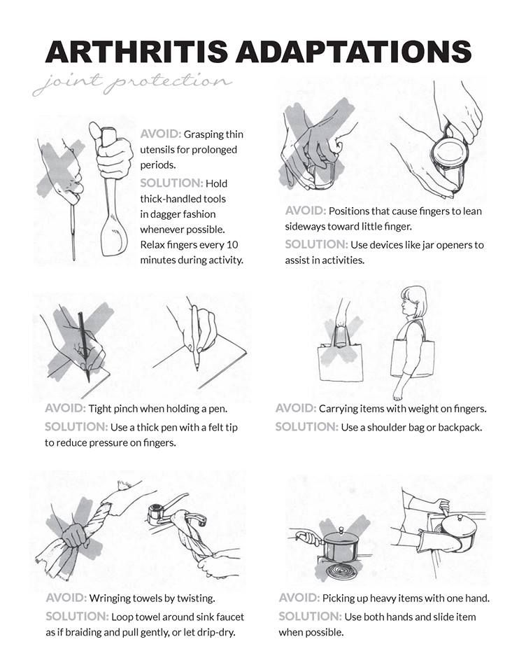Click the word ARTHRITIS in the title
tap(136, 52)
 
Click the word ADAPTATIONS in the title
tap(354, 52)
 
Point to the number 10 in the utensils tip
tap(232, 245)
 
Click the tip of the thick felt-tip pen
tap(197, 368)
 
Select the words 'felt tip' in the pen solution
tap(219, 427)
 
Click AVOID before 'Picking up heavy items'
tap(299, 598)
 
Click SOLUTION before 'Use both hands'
tap(310, 617)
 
